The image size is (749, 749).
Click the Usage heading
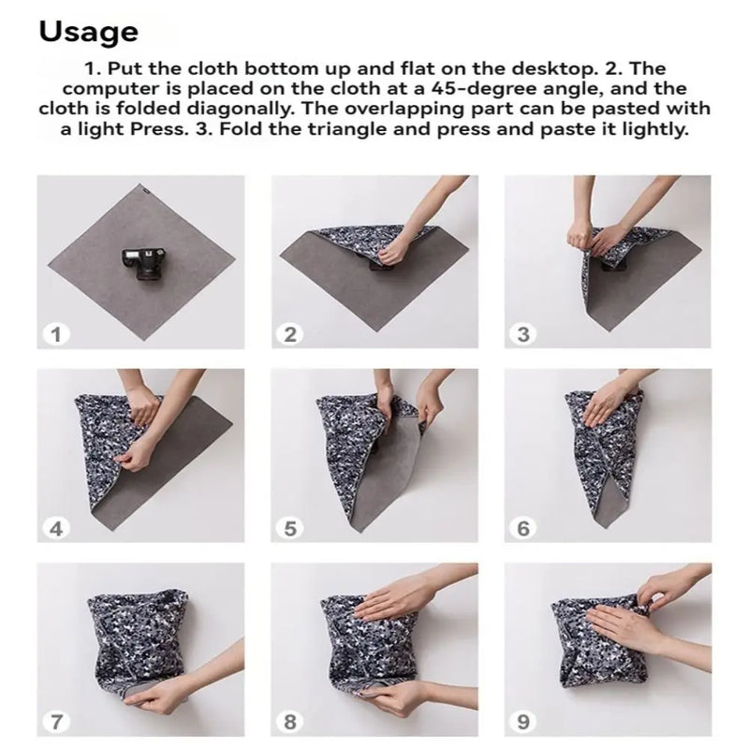click(x=88, y=31)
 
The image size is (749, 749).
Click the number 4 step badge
click(x=57, y=528)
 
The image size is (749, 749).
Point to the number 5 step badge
click(x=291, y=528)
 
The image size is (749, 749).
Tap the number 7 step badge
click(x=57, y=722)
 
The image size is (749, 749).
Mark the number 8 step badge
click(x=291, y=722)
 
